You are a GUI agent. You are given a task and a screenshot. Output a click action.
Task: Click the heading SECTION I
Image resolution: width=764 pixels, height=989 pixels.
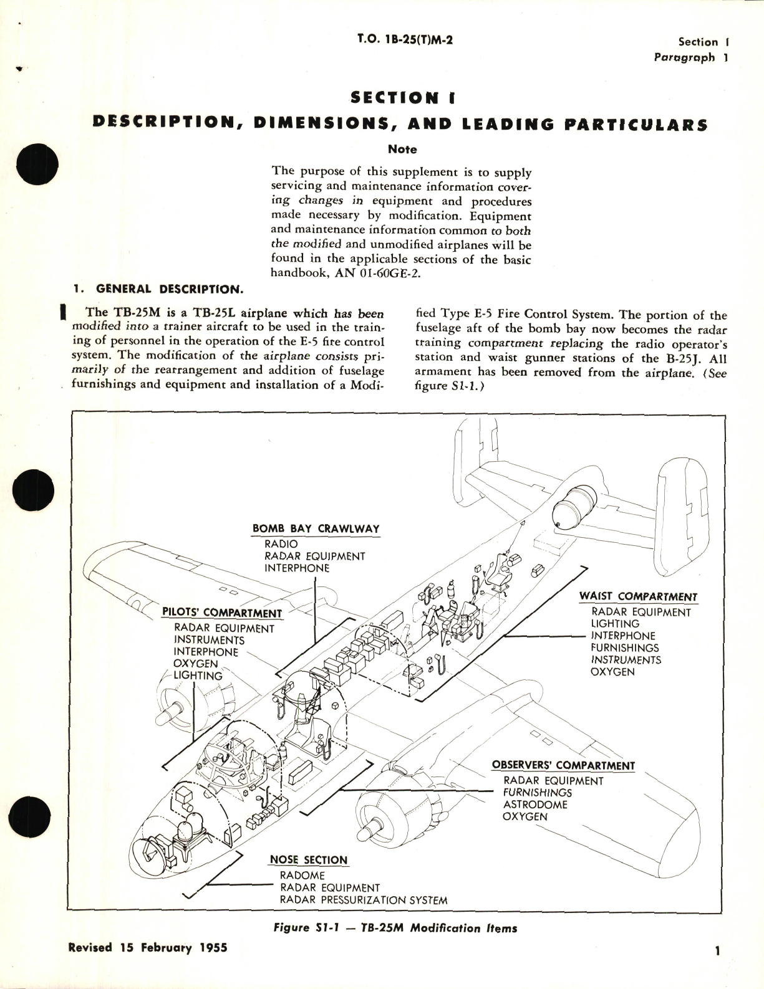(404, 98)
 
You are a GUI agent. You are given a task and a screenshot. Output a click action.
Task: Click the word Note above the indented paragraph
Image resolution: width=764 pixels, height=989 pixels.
(402, 150)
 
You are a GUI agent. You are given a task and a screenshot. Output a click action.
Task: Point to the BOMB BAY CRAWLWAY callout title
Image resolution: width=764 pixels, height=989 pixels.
(316, 528)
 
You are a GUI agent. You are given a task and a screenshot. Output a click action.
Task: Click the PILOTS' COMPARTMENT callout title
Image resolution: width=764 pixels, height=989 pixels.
(221, 613)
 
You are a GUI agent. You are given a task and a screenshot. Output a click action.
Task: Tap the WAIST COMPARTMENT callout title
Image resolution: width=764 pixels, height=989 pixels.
(638, 596)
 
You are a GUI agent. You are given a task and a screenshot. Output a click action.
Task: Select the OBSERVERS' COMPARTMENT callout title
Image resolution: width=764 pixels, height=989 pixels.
(563, 765)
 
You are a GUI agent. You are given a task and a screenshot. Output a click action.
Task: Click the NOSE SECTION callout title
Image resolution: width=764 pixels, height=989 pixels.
(308, 860)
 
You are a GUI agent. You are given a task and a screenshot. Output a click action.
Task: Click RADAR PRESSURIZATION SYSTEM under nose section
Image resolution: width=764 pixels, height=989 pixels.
(364, 900)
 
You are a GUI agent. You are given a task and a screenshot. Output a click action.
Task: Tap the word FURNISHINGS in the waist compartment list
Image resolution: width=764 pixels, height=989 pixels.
(625, 647)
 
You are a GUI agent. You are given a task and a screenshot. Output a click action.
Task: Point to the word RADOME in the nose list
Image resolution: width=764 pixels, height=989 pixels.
(302, 876)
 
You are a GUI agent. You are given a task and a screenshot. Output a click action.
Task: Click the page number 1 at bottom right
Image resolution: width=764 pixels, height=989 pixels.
(718, 968)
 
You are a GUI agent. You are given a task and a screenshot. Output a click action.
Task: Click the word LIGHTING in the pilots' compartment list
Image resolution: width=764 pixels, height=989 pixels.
(198, 676)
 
